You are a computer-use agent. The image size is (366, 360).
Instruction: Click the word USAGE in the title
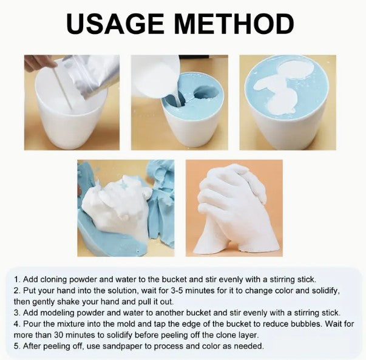(x=115, y=24)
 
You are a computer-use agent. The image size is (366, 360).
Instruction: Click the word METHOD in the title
(x=234, y=24)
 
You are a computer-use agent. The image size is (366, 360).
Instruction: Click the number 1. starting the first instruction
(x=17, y=279)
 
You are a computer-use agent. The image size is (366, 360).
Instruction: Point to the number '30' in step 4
(x=59, y=335)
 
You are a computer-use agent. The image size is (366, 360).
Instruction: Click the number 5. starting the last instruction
(x=17, y=346)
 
